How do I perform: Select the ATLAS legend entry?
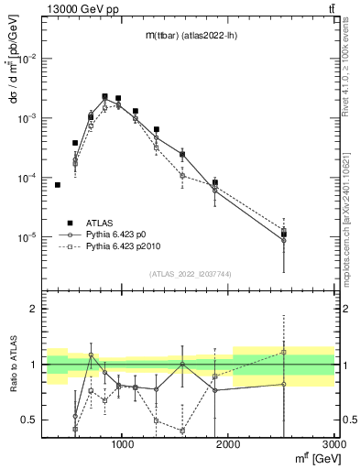click(x=100, y=223)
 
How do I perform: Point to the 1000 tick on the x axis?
click(x=123, y=444)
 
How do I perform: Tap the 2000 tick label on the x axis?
click(x=228, y=444)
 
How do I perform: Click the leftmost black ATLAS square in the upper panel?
click(x=57, y=185)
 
